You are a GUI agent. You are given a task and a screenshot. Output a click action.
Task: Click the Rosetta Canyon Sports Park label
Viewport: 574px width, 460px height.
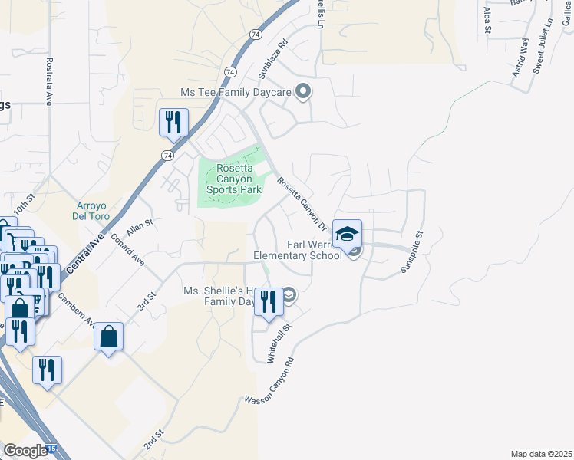234,179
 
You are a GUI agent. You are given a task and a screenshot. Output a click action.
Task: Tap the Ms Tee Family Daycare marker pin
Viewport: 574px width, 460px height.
303,92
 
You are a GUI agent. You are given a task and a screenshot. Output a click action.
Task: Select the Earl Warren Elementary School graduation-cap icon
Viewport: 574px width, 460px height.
347,234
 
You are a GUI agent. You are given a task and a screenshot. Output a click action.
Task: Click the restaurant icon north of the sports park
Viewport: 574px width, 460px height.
173,122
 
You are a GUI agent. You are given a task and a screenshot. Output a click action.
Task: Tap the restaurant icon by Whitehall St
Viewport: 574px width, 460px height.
268,301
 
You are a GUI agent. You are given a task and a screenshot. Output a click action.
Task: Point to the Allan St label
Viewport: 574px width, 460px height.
140,225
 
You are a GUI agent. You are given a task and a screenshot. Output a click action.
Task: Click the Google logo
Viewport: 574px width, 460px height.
25,451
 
